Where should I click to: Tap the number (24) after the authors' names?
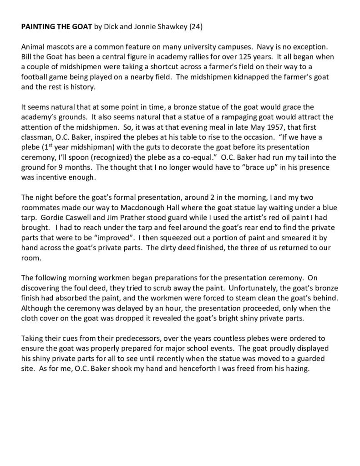pos(194,27)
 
